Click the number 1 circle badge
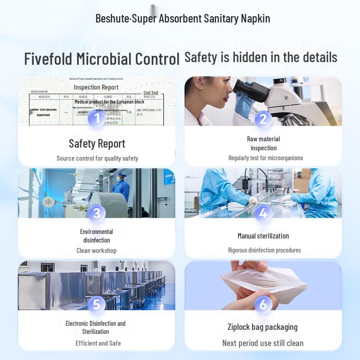96,119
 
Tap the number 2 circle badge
263,119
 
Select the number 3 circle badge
96,213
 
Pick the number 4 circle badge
263,213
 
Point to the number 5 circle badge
96,305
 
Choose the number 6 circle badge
263,305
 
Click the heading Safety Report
97,144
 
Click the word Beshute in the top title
112,18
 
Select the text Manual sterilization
263,236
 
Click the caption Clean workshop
96,251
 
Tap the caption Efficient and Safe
98,343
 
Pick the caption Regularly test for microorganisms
265,158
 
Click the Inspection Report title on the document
96,87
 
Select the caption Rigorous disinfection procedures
264,250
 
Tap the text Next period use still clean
263,343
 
